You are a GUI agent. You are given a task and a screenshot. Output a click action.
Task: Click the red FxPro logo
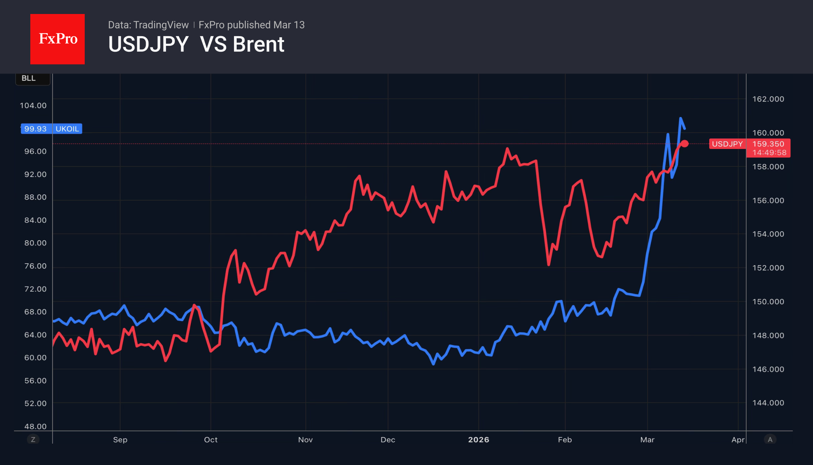(58, 39)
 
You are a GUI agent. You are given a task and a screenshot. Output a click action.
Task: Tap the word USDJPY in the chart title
(148, 44)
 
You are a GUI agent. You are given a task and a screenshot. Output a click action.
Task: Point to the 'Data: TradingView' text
(148, 25)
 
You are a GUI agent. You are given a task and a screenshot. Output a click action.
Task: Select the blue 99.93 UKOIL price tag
(51, 129)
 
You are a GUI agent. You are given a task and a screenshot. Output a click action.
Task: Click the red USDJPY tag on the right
(727, 144)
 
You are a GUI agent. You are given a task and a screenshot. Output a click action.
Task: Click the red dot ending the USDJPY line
(685, 144)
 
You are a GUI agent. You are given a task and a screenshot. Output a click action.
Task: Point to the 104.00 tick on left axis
(33, 105)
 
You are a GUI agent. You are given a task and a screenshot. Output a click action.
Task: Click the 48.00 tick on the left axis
(35, 426)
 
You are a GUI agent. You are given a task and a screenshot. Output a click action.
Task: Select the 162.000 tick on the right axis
(768, 99)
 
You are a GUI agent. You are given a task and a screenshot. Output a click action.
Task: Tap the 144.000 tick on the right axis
(768, 403)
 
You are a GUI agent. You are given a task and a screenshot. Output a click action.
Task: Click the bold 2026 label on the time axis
(478, 440)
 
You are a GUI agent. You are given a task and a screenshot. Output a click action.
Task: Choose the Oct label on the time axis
(211, 440)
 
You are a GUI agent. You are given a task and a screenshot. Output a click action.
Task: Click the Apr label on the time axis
(738, 440)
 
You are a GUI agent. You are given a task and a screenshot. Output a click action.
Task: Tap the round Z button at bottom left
(33, 439)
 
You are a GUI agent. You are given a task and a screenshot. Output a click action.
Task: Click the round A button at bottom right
(770, 439)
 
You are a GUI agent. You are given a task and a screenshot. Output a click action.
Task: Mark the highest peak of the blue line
(680, 118)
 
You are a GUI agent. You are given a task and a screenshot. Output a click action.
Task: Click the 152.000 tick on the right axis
(768, 268)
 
